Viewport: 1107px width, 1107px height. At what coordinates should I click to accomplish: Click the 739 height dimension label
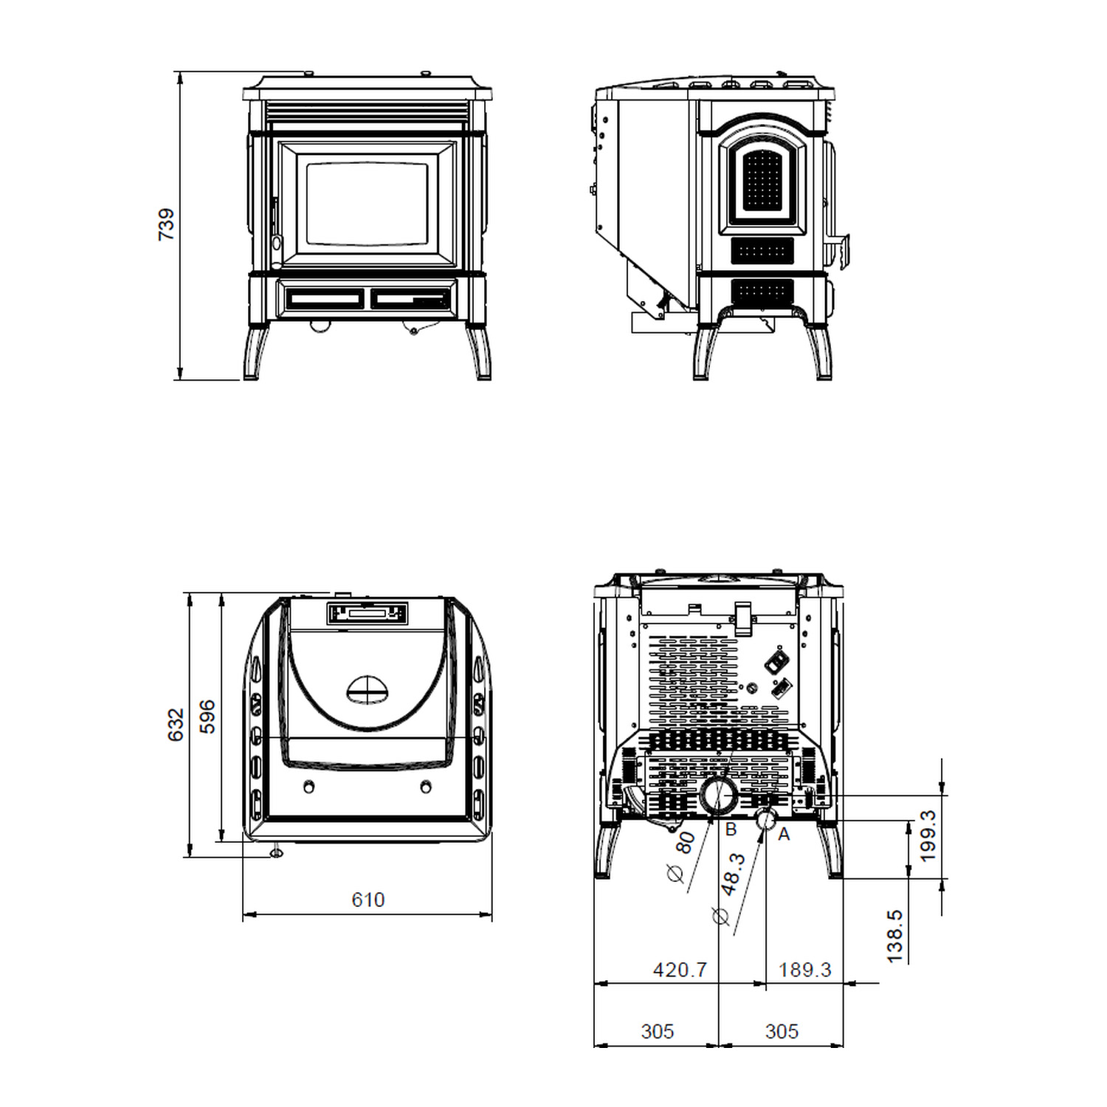point(167,224)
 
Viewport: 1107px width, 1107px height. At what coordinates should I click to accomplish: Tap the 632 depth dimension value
point(175,725)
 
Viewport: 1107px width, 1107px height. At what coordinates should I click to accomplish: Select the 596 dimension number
point(207,717)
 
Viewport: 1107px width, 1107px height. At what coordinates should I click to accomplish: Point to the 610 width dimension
point(368,900)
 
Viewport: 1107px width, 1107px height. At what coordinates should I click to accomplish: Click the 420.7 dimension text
point(680,969)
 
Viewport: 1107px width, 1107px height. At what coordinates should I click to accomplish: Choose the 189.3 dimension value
point(804,969)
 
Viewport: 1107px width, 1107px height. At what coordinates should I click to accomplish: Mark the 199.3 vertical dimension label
point(928,835)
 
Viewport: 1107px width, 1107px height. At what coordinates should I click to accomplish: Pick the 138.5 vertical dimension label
point(894,936)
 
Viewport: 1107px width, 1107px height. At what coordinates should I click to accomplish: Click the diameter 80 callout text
point(680,856)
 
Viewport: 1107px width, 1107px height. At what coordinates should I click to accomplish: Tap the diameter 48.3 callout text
point(726,889)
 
